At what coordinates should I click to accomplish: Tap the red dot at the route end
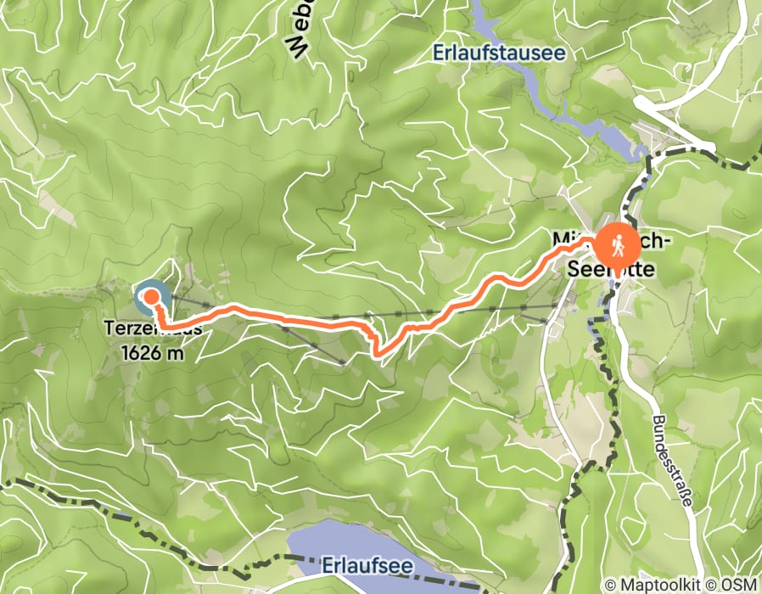coord(151,296)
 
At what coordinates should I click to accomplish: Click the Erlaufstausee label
coord(499,53)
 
